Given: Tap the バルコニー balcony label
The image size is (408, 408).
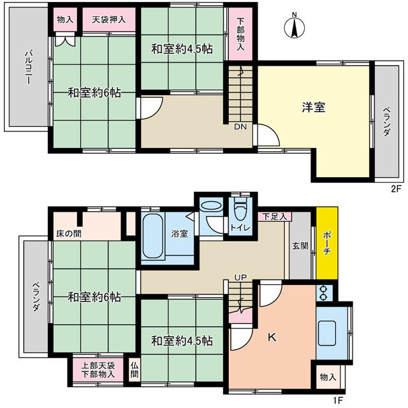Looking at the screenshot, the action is (28, 68).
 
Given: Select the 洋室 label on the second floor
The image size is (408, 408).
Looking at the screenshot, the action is (314, 107).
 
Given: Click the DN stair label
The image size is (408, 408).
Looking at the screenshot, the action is (240, 127).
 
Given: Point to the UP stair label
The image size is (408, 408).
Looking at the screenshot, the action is (240, 277).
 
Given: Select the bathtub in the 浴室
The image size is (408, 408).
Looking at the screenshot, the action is (153, 236).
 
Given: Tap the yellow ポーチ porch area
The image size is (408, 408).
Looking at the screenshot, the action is (327, 243).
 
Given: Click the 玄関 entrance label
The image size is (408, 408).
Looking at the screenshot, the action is (300, 245).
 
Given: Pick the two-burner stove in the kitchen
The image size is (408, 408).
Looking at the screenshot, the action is (324, 293).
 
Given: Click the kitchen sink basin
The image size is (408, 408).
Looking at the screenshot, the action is (327, 333).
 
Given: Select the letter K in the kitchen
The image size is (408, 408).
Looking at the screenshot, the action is (272, 338).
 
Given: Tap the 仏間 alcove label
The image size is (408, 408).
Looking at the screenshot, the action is (135, 370).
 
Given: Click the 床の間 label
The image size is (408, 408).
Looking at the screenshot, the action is (69, 234).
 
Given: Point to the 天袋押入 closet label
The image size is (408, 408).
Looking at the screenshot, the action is (109, 20).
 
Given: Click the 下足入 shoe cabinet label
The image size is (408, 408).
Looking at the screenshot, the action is (274, 217).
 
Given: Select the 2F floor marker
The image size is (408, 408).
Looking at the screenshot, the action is (397, 189).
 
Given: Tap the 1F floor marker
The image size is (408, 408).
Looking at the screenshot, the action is (339, 399).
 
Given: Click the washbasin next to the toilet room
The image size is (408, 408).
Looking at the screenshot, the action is (211, 205).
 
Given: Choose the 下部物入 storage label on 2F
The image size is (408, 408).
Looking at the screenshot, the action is (241, 34).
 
